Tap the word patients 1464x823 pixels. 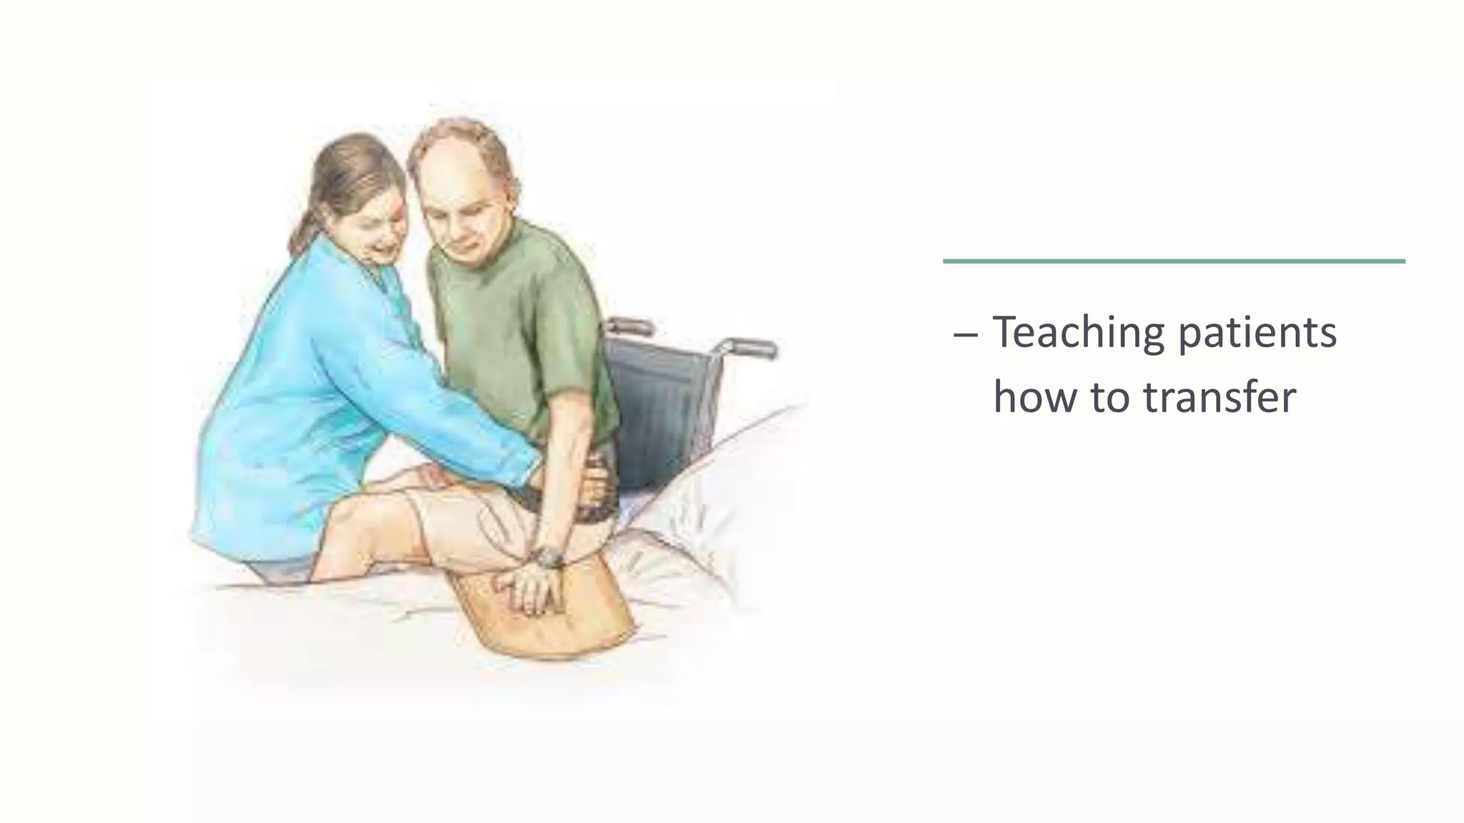[x=1257, y=334]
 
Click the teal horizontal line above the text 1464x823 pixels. [x=1173, y=261]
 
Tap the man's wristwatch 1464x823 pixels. [x=549, y=557]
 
